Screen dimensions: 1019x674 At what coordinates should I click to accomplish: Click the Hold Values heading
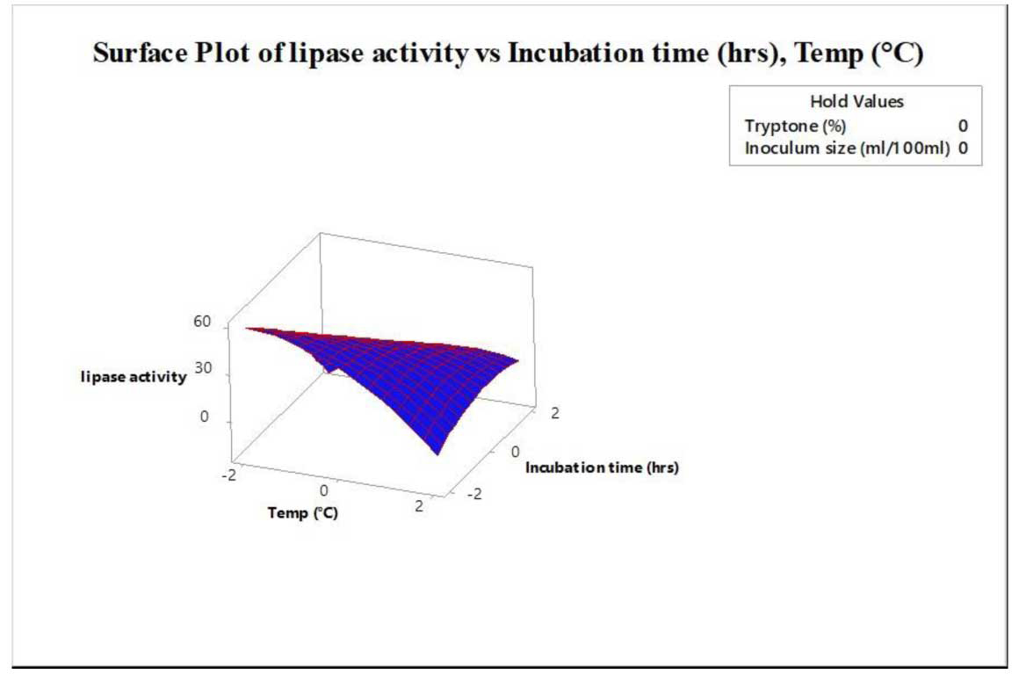coord(856,101)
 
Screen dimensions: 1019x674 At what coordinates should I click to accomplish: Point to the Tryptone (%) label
coord(796,126)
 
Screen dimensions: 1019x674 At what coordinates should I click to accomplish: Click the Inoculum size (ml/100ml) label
coord(847,149)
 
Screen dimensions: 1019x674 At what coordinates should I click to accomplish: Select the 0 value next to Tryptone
coord(963,126)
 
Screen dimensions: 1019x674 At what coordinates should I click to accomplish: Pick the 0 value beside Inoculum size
coord(963,149)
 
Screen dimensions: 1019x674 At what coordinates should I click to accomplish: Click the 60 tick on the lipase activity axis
coord(202,321)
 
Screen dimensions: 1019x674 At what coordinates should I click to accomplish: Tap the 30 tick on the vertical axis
coord(203,368)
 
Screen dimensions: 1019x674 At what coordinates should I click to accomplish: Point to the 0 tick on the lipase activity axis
coord(204,417)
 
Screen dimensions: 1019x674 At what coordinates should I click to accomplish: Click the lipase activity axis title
coord(134,377)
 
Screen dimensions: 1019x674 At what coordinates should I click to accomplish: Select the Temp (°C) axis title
coord(303,513)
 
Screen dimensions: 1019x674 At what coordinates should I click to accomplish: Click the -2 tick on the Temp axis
coord(228,475)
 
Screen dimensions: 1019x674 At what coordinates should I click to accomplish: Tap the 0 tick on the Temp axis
coord(323,490)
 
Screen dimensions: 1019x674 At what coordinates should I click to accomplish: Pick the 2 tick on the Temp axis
coord(419,505)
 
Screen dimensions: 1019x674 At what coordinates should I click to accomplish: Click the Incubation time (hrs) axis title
coord(602,467)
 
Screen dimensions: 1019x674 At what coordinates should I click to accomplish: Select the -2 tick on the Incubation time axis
coord(474,494)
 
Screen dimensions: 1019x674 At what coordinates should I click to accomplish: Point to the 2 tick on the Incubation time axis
coord(554,413)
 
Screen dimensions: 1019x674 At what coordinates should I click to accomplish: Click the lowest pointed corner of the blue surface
coord(437,454)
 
